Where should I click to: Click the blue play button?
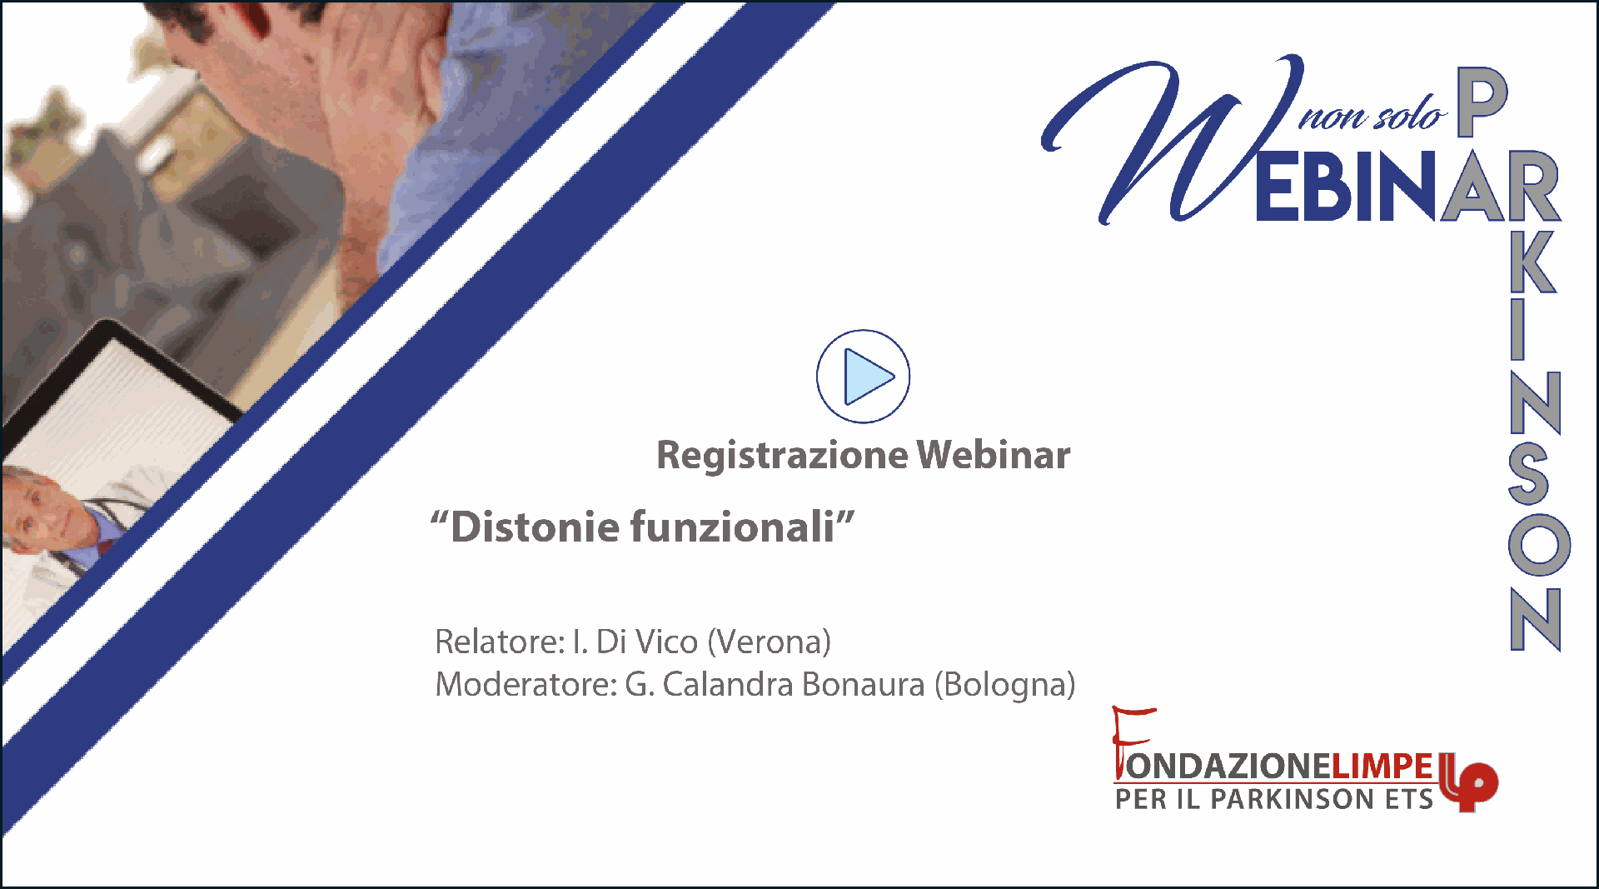(x=863, y=377)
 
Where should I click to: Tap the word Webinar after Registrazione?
(x=994, y=455)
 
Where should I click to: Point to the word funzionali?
(x=732, y=527)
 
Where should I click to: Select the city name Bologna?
(x=1005, y=685)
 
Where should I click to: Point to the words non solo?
(x=1372, y=115)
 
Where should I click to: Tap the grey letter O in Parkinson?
(x=1539, y=544)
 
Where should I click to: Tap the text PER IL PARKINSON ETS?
(x=1274, y=799)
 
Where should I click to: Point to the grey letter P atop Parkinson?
(x=1482, y=102)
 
